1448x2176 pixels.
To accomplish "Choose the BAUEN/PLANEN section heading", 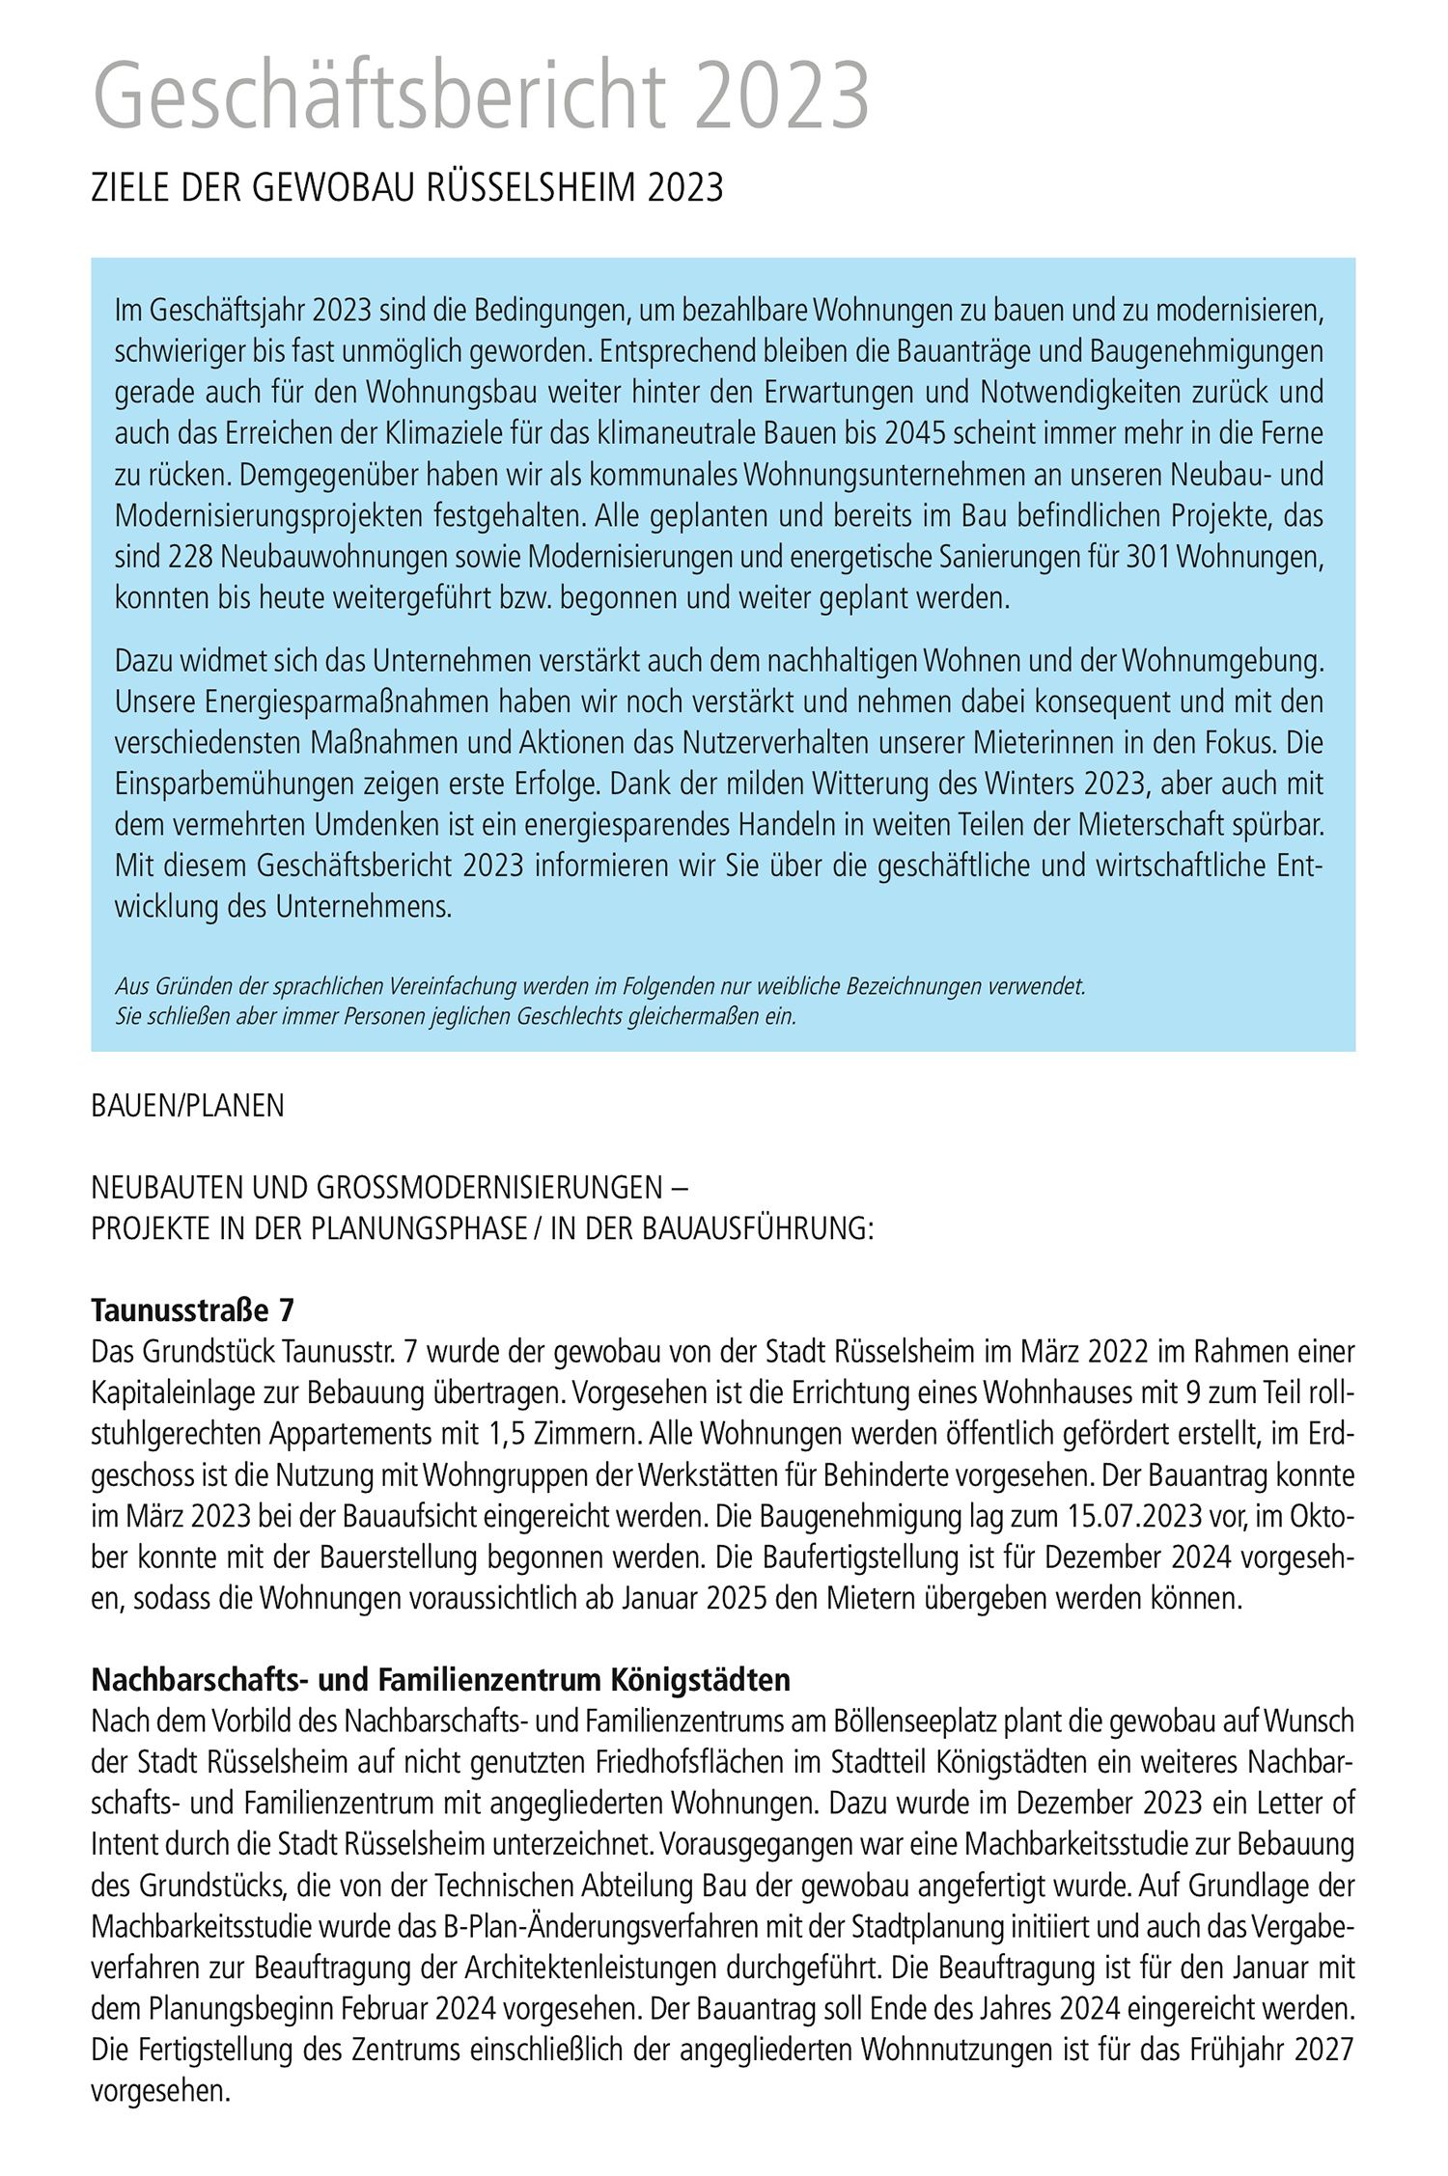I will pyautogui.click(x=187, y=1106).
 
